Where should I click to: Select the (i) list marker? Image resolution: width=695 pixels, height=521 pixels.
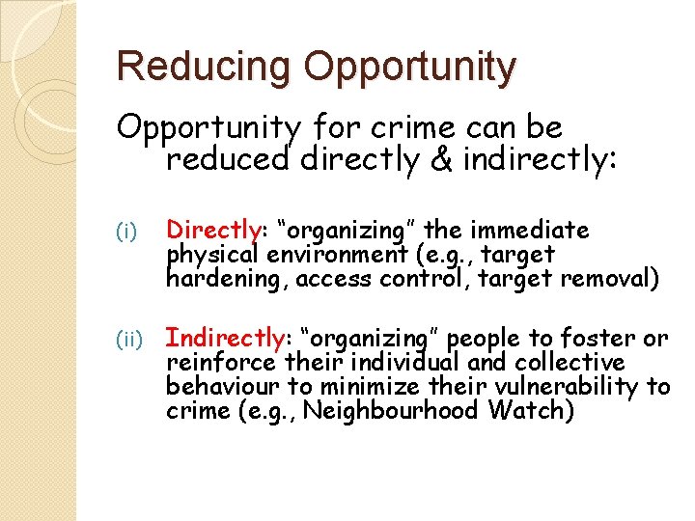(x=125, y=232)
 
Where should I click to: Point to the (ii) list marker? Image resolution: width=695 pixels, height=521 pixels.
(x=128, y=340)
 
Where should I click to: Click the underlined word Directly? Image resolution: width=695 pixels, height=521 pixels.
(x=212, y=231)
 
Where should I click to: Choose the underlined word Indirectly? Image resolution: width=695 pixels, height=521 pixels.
(x=225, y=339)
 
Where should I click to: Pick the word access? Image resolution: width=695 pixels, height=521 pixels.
(x=331, y=280)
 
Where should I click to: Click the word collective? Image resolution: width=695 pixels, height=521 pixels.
(x=570, y=363)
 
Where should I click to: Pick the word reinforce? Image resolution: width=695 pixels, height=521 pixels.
(x=223, y=363)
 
